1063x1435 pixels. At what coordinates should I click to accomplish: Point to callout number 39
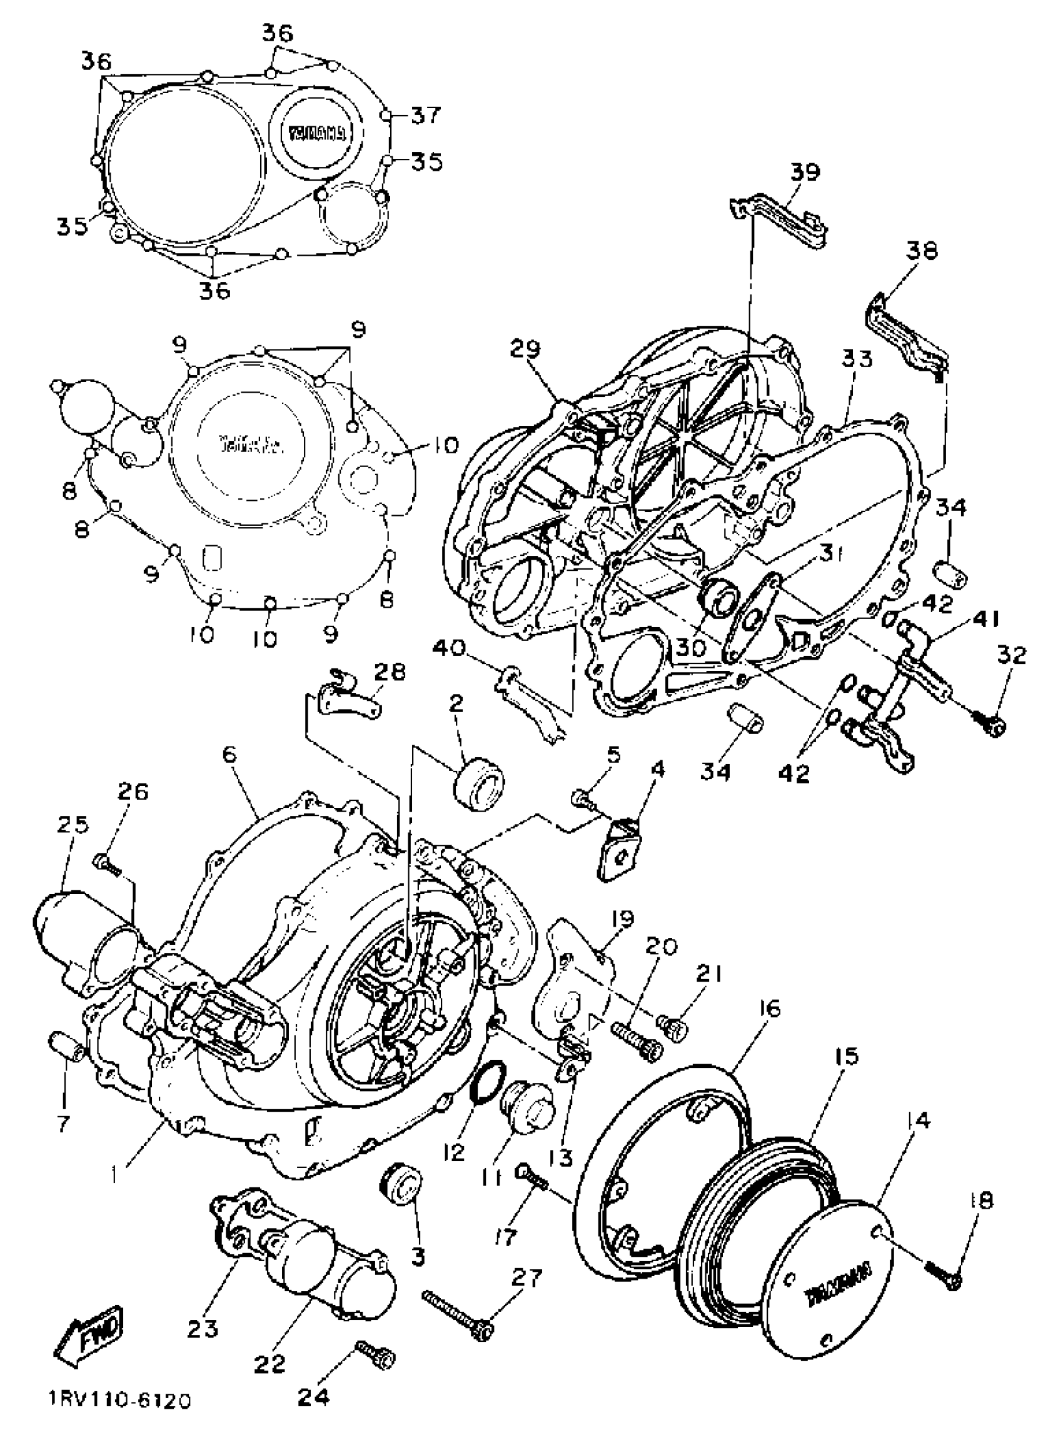pos(805,173)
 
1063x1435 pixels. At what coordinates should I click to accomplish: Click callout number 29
pos(526,349)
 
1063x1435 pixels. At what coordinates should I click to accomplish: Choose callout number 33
pos(857,358)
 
